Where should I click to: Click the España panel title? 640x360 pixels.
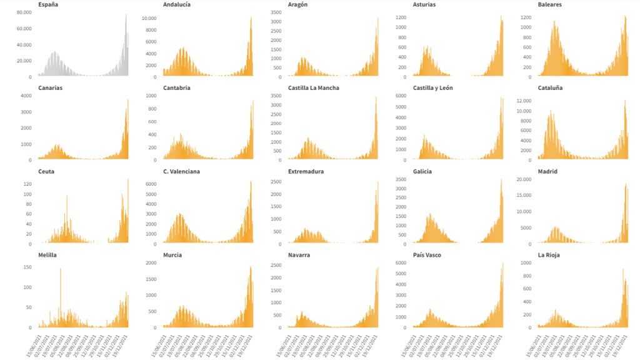point(48,4)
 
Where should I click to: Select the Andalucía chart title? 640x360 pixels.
point(177,4)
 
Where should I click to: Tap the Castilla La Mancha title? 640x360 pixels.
point(314,88)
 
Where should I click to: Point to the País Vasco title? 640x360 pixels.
point(427,255)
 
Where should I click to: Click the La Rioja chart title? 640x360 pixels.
point(549,255)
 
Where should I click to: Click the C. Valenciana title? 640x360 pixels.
point(181,171)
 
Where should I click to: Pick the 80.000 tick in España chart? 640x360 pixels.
point(24,12)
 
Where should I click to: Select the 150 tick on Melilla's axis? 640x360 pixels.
point(27,267)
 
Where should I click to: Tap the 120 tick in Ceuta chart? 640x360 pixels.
point(27,184)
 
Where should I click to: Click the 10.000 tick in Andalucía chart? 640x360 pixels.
point(148,19)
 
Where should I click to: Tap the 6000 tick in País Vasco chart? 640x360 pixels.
point(399,263)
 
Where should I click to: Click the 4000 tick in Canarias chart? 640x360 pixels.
point(26,96)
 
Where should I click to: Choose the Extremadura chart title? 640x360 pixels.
point(306,171)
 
